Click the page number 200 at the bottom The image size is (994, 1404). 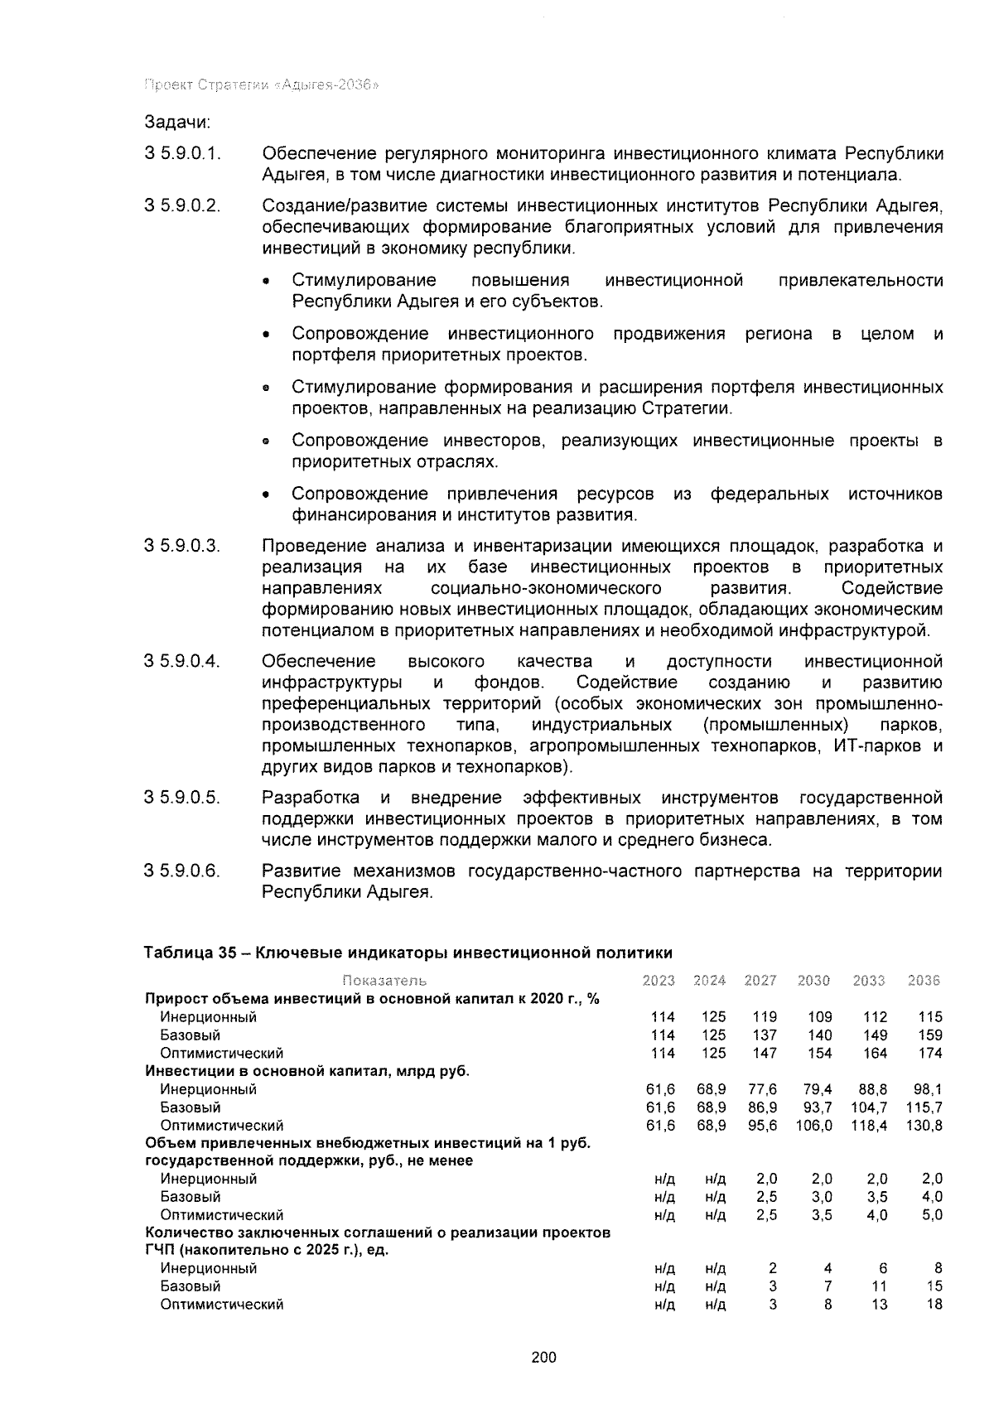pos(543,1357)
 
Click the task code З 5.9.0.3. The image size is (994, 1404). pos(182,547)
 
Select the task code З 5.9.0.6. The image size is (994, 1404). pos(182,871)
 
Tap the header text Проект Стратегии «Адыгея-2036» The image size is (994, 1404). pos(262,85)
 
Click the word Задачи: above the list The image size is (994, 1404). pos(177,123)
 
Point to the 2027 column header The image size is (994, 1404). pos(760,981)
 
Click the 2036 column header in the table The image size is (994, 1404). pos(924,981)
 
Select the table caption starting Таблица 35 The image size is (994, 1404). pos(408,953)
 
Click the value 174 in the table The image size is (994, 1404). pos(930,1054)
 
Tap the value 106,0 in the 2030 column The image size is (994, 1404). pos(813,1126)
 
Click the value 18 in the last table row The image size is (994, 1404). pos(934,1305)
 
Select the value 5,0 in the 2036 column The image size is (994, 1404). pos(932,1215)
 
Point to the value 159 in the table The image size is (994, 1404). pos(930,1035)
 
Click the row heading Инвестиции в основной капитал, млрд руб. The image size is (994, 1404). pos(307,1071)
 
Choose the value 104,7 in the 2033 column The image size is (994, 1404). pos(869,1107)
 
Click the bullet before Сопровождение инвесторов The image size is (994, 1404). pos(266,442)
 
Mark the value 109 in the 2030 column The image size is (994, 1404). pos(816,1017)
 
